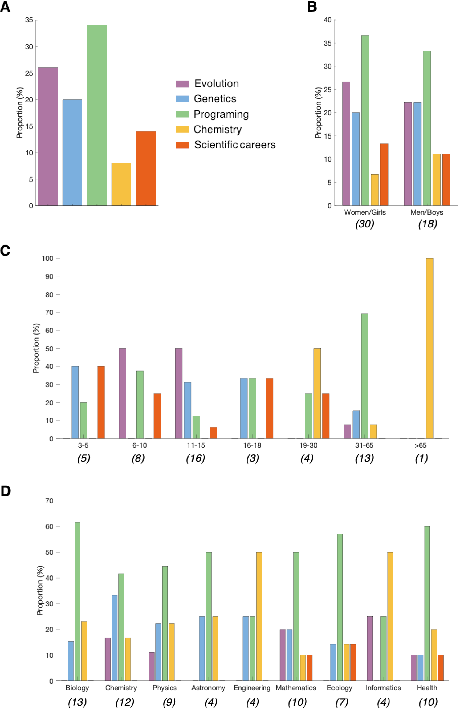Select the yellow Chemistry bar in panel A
(x=121, y=184)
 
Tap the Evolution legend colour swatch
(x=182, y=84)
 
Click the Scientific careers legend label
(x=235, y=145)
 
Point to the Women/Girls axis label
(x=365, y=212)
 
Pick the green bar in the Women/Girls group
(x=365, y=120)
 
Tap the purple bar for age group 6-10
(x=123, y=393)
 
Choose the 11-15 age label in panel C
(x=196, y=445)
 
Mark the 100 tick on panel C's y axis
(x=48, y=259)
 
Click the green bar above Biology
(x=77, y=602)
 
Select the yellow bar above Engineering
(x=259, y=616)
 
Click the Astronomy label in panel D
(x=208, y=688)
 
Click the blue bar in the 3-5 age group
(x=75, y=402)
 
